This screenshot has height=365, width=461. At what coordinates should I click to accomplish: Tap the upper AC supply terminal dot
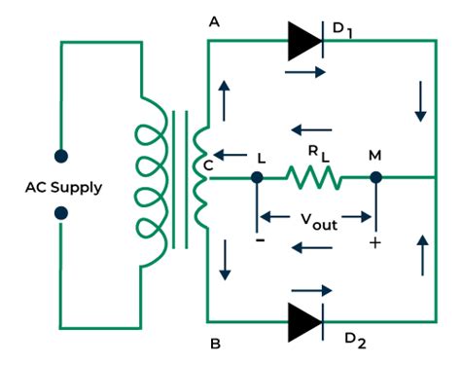click(x=60, y=155)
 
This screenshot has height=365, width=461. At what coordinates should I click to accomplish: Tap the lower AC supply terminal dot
click(x=60, y=213)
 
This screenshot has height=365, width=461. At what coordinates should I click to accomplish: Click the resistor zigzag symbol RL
click(x=313, y=178)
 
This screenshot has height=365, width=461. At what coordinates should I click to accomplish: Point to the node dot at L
click(x=257, y=178)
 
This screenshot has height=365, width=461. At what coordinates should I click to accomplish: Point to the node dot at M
click(x=376, y=178)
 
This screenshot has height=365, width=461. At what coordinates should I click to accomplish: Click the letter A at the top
click(x=213, y=20)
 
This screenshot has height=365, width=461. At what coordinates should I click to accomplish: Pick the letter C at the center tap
click(x=209, y=165)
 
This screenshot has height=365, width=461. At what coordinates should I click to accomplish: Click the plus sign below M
click(x=374, y=241)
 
